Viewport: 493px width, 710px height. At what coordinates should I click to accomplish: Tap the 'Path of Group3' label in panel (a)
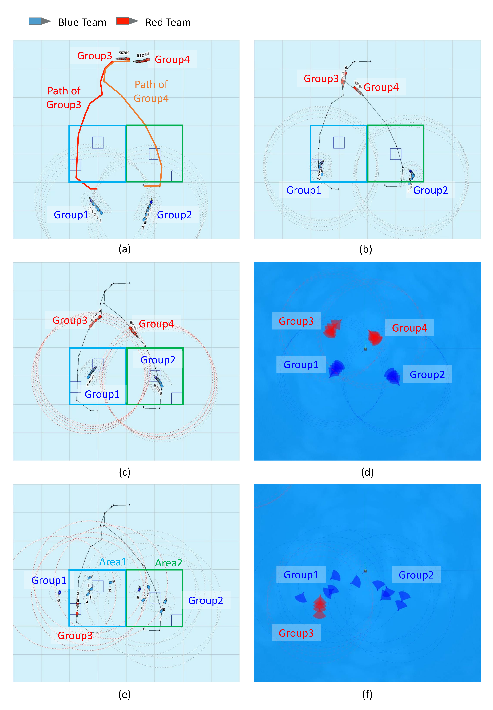point(64,98)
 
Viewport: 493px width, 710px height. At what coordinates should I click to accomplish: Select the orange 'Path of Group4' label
point(151,91)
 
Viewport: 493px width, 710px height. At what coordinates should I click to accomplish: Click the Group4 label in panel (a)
point(172,59)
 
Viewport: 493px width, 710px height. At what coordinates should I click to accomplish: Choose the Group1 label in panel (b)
point(304,190)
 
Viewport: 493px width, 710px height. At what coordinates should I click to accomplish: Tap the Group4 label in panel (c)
point(156,324)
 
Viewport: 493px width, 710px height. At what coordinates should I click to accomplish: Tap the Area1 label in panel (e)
point(113,562)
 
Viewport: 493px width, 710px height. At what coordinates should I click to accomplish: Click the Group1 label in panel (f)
point(301,575)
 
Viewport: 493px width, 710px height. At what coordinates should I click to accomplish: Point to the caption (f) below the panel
point(367,694)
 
